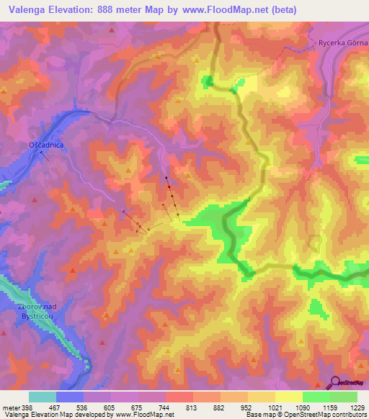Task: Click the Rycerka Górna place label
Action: tap(343, 43)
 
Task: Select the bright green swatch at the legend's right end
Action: tap(344, 397)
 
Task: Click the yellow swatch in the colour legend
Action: tap(289, 397)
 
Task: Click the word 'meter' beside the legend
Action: tap(11, 406)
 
